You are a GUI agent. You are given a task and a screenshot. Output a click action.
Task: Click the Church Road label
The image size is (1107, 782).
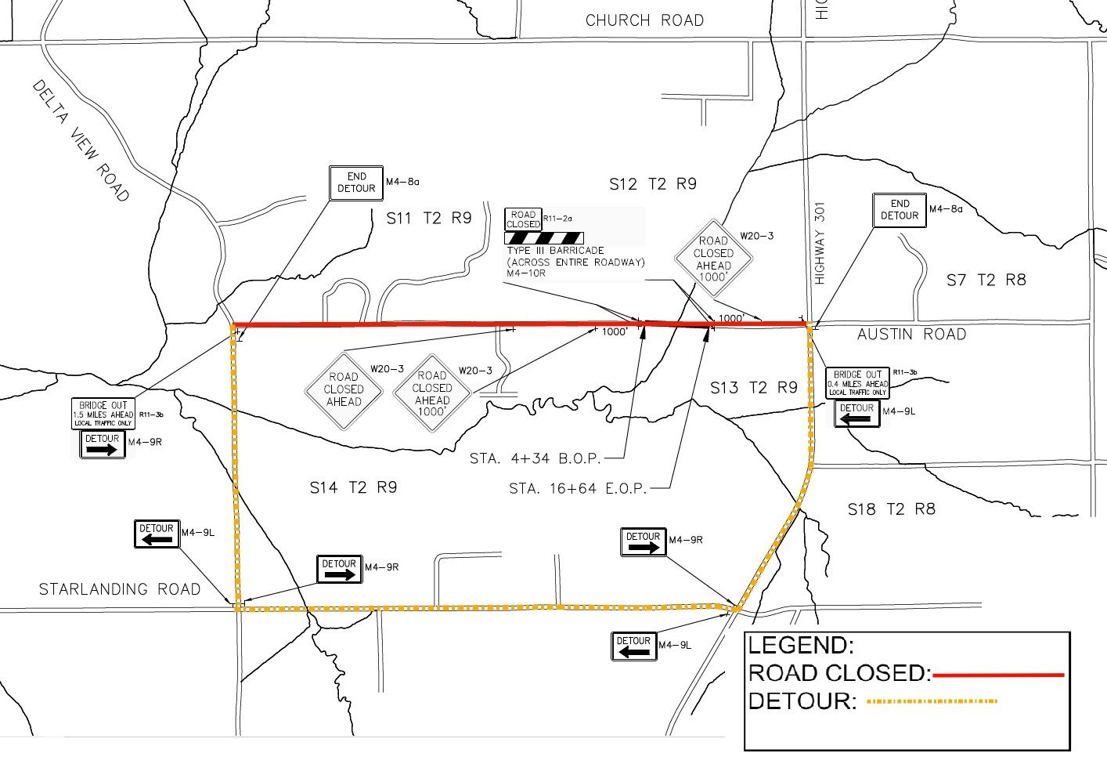(644, 20)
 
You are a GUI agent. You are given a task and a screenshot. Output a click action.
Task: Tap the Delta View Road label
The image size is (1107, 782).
(81, 140)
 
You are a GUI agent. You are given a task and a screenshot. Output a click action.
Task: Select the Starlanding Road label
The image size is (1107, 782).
(120, 589)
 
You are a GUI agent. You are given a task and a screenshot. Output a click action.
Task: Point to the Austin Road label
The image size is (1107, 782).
(911, 335)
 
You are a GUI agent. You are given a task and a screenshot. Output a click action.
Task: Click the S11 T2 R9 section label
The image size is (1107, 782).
(429, 218)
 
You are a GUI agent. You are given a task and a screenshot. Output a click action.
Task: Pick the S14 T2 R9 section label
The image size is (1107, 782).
(353, 487)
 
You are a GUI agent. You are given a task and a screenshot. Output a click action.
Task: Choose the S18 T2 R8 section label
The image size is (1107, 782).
(891, 509)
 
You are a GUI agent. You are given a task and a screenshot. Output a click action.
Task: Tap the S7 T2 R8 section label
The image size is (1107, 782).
(986, 280)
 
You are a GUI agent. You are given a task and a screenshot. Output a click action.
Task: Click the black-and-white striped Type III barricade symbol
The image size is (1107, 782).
(543, 237)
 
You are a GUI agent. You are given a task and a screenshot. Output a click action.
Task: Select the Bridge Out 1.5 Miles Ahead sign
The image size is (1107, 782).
(103, 414)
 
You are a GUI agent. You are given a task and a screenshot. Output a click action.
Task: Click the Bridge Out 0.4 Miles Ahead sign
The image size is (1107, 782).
(857, 383)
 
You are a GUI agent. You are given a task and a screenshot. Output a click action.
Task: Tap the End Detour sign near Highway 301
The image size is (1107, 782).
(900, 210)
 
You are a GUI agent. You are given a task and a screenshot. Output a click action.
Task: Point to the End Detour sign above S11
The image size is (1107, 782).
(356, 183)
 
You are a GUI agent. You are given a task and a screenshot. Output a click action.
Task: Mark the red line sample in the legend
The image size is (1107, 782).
(998, 674)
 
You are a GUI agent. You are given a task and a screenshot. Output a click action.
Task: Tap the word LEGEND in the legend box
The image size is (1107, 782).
(800, 646)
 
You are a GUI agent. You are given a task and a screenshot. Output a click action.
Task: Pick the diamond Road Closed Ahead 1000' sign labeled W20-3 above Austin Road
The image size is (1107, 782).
(713, 253)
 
